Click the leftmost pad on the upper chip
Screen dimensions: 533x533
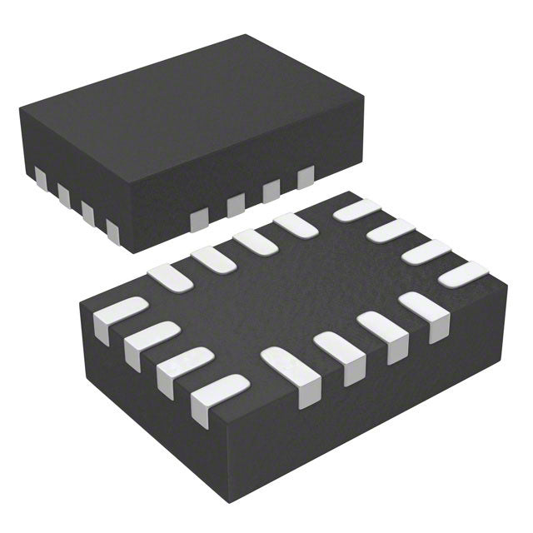(x=40, y=177)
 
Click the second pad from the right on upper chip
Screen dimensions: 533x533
(x=271, y=191)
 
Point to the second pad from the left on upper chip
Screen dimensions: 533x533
(x=63, y=194)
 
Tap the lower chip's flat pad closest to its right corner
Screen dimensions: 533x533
(x=463, y=274)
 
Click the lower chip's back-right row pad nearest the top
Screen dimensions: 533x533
(x=356, y=210)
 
